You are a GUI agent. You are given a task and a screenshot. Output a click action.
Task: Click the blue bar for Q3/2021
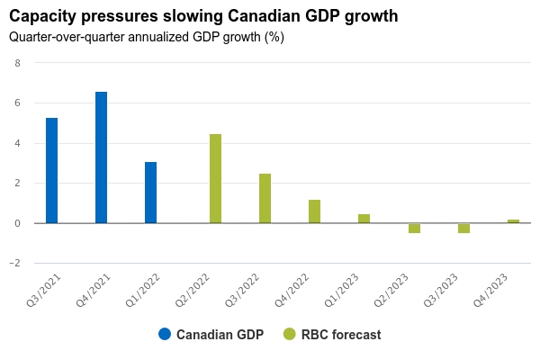[x=52, y=170]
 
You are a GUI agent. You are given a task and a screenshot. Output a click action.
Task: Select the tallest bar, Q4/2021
[x=102, y=157]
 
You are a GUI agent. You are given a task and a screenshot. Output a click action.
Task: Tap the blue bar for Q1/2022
[x=151, y=193]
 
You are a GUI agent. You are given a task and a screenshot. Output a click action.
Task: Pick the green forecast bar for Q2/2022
[x=216, y=178]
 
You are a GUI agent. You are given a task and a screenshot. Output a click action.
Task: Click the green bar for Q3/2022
[x=265, y=198]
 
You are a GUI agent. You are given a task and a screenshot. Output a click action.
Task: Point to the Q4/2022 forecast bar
[x=315, y=211]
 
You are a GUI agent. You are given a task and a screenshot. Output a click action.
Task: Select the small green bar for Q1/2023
[x=364, y=219]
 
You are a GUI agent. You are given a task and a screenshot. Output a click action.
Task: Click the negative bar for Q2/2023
[x=414, y=228]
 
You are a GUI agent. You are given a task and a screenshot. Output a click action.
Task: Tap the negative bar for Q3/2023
[x=463, y=228]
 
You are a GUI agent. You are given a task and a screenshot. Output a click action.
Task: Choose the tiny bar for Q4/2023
[x=513, y=221]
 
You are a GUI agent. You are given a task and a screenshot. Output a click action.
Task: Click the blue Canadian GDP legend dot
[x=165, y=334]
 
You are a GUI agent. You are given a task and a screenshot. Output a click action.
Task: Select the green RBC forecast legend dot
[x=290, y=334]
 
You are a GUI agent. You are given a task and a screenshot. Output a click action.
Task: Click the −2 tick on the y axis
[x=15, y=264]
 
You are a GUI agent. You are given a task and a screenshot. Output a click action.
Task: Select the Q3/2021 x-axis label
[x=42, y=290]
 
